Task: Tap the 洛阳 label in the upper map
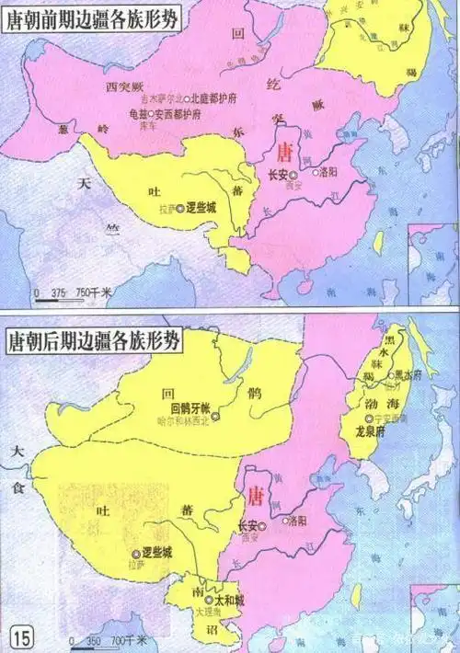click(333, 171)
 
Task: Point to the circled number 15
click(20, 634)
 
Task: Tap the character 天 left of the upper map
click(86, 183)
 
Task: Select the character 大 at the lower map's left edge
click(15, 452)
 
